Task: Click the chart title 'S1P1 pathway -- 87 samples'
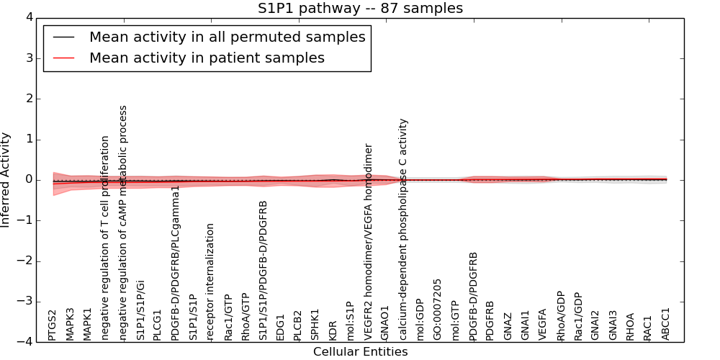360,9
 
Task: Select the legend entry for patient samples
207,58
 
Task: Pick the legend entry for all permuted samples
227,37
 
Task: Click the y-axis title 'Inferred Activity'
6,180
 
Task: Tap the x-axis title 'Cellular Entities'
360,352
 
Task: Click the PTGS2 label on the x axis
53,325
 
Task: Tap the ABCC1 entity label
666,324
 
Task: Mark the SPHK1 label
315,325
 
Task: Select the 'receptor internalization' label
210,282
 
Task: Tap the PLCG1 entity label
158,325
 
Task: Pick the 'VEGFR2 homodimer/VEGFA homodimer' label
368,241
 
